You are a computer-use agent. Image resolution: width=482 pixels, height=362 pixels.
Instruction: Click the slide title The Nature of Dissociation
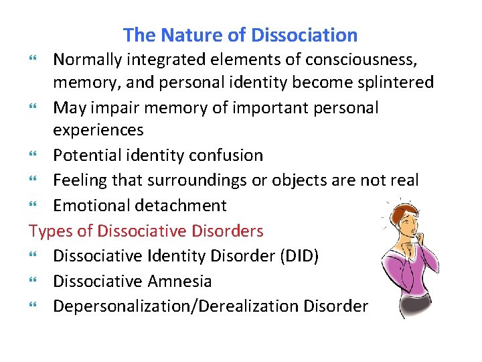tap(240, 35)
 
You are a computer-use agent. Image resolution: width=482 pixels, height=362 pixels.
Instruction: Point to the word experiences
tap(98, 130)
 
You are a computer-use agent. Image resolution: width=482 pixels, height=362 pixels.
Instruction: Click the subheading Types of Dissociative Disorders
tap(146, 231)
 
